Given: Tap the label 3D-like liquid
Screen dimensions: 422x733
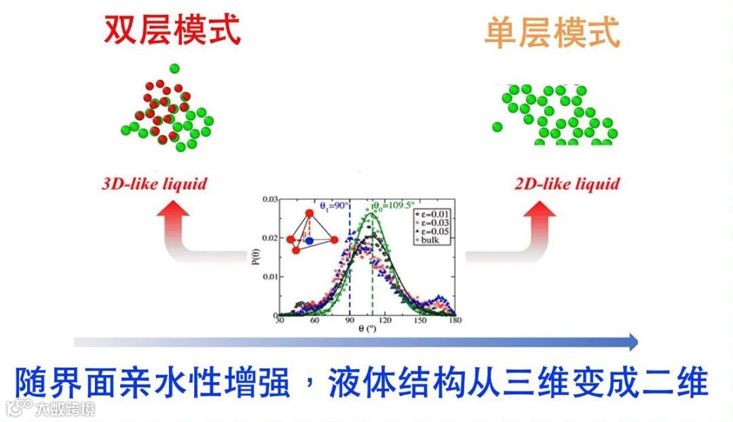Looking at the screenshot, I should pos(154,184).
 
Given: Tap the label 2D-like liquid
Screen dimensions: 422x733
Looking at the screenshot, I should pos(567,184).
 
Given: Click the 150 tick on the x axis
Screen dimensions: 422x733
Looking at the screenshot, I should pos(421,320).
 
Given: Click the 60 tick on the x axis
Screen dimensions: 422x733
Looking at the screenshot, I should pos(315,320).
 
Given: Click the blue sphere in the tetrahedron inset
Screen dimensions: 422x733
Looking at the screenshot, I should pos(309,240).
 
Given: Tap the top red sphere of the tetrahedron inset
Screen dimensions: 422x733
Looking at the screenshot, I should pos(309,214).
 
